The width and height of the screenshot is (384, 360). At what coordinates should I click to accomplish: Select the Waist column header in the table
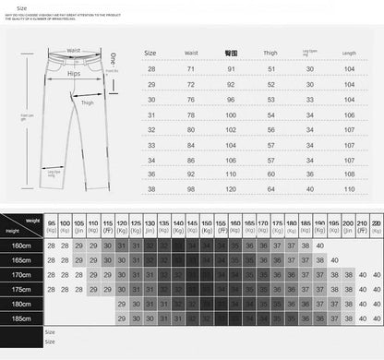[x=192, y=54]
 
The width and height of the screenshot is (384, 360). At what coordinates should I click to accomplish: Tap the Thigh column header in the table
[x=271, y=54]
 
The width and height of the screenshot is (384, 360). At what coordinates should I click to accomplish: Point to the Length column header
[x=349, y=54]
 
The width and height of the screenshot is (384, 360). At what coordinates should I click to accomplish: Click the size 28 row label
[x=152, y=69]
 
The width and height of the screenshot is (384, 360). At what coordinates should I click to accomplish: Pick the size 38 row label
[x=152, y=188]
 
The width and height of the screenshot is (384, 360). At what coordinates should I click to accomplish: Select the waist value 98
[x=192, y=188]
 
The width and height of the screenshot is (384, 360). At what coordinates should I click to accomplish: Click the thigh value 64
[x=271, y=188]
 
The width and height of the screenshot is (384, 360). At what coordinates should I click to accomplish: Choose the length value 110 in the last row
[x=349, y=188]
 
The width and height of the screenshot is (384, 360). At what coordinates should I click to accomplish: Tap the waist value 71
[x=192, y=69]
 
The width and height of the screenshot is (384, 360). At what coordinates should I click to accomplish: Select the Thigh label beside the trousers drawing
[x=88, y=103]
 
